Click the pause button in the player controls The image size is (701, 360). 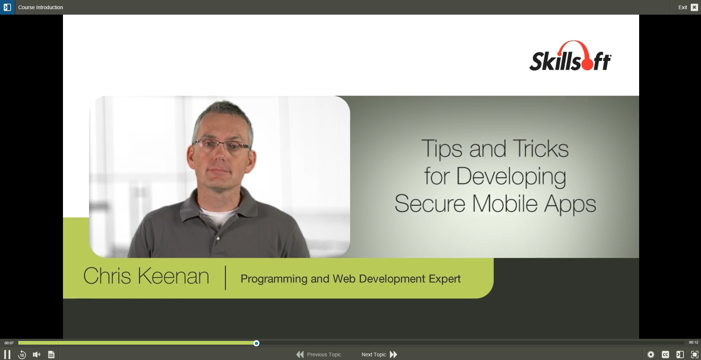(7, 355)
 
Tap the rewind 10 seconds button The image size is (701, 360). (22, 355)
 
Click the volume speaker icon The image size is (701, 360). (37, 355)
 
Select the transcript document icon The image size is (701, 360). (51, 355)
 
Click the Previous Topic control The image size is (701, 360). (318, 355)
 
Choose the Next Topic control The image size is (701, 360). (379, 355)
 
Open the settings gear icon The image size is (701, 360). (651, 355)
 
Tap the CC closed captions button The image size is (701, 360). (665, 355)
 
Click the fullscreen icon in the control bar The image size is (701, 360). (694, 355)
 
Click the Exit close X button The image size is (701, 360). (694, 7)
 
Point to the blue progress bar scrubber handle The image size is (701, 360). (257, 343)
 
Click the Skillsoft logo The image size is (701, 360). (570, 56)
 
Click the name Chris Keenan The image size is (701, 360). (146, 276)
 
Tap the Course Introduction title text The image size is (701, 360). (41, 7)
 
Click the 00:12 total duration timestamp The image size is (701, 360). (694, 342)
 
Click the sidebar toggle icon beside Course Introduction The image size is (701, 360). (7, 7)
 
